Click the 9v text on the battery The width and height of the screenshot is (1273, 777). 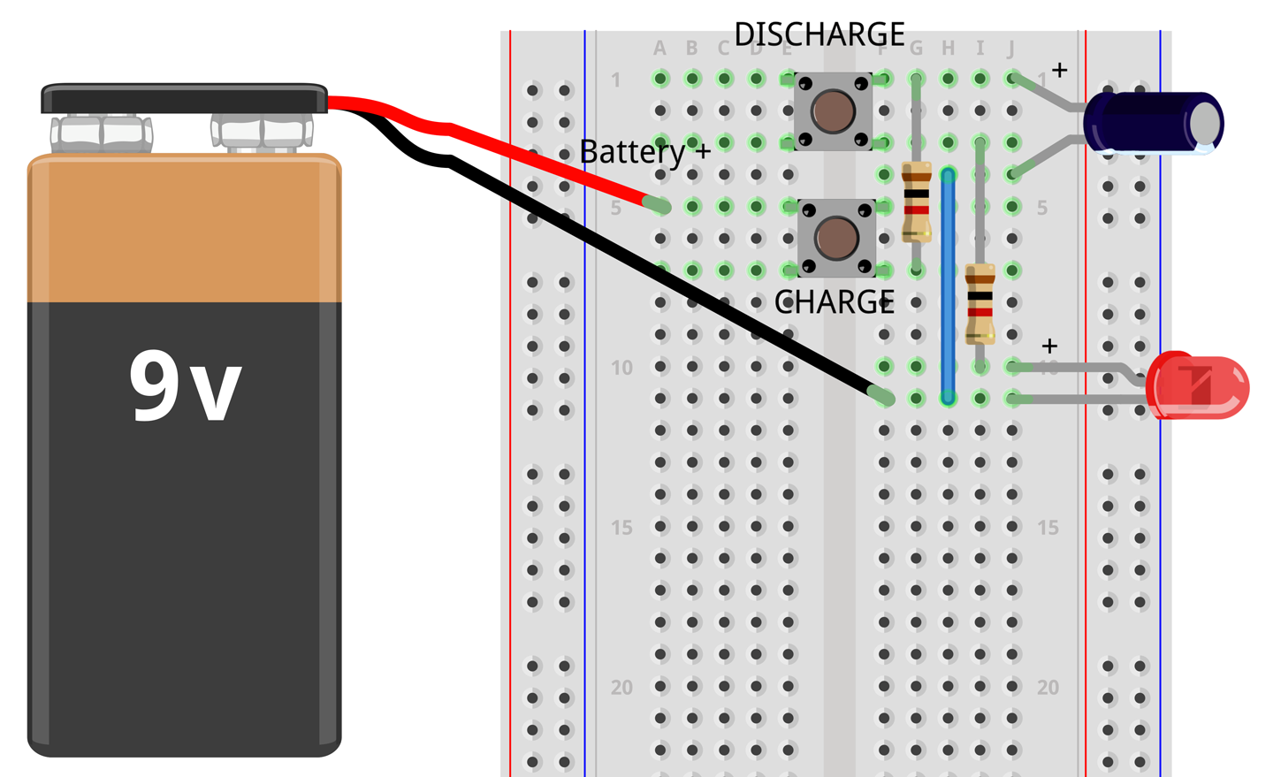pyautogui.click(x=185, y=385)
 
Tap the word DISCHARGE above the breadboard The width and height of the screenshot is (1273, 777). pyautogui.click(x=819, y=34)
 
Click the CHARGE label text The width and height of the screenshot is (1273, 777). pyautogui.click(x=834, y=302)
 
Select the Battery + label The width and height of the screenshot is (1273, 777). pyautogui.click(x=644, y=152)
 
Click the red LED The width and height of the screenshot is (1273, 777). pyautogui.click(x=1201, y=385)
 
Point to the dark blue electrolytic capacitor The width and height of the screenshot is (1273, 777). pyautogui.click(x=1154, y=123)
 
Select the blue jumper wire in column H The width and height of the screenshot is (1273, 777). pyautogui.click(x=948, y=283)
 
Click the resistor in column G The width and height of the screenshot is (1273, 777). pyautogui.click(x=917, y=202)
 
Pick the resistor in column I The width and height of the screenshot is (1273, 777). pyautogui.click(x=980, y=303)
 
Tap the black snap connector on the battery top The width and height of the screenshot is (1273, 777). pyautogui.click(x=184, y=98)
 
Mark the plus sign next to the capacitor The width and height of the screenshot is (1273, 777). pyautogui.click(x=1059, y=69)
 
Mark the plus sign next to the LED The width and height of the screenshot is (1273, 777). pyautogui.click(x=1049, y=346)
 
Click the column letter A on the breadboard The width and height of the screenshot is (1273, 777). pyautogui.click(x=659, y=49)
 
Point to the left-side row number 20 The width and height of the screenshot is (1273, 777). pyautogui.click(x=621, y=687)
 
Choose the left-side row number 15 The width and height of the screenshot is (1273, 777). pyautogui.click(x=621, y=528)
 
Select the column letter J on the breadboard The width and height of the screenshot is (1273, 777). pyautogui.click(x=1010, y=49)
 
